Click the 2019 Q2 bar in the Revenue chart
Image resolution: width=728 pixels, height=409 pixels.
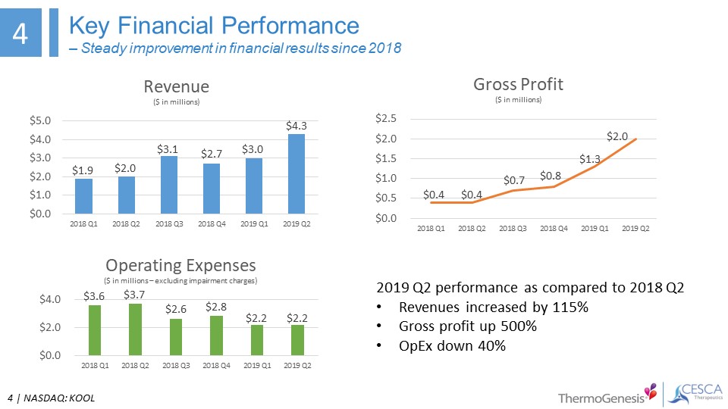pos(296,174)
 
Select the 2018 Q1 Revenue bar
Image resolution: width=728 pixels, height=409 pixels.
pos(83,196)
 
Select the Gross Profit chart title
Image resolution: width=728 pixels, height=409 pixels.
pos(507,83)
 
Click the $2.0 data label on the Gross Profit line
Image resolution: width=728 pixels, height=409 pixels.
pos(617,136)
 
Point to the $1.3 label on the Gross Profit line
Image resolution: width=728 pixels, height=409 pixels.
pos(590,159)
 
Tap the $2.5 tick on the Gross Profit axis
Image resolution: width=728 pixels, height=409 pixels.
pos(387,119)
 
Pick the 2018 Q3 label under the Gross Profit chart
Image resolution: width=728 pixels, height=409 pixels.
pos(513,229)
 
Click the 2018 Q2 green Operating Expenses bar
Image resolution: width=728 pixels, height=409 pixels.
pos(135,329)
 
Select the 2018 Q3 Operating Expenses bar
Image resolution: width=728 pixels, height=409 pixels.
pos(175,337)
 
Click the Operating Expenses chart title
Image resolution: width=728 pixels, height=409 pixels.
pos(180,266)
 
